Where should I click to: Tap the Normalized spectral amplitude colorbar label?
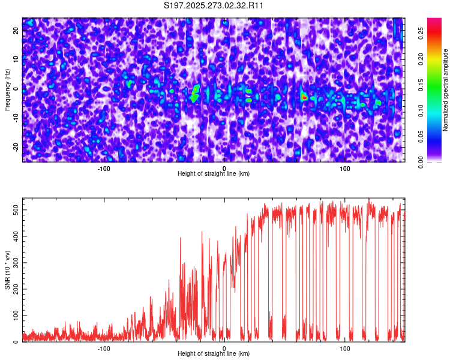pos(446,90)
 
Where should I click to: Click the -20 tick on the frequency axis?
pos(16,146)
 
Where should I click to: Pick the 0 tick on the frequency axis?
pos(16,88)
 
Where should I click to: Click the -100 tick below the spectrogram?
pos(104,167)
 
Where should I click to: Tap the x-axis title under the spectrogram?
pos(214,173)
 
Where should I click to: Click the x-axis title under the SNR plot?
pos(214,354)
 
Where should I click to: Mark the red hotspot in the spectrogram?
pos(304,96)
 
